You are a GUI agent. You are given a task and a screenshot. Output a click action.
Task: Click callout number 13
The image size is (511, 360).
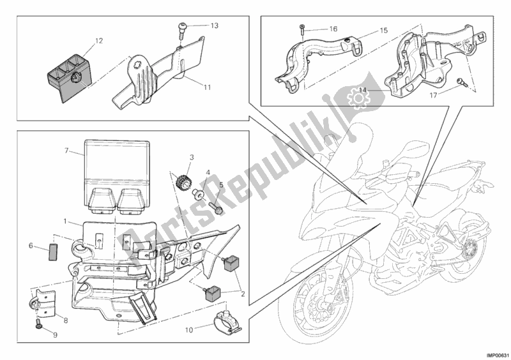[x=214, y=26]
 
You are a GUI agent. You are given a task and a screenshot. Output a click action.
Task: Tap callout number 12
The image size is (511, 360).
[x=99, y=41]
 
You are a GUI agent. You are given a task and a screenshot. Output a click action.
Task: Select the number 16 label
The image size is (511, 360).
[x=333, y=29]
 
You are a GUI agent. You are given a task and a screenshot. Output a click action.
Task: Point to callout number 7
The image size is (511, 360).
[x=67, y=151]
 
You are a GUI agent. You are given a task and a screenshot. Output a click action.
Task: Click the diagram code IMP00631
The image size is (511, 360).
[x=498, y=356]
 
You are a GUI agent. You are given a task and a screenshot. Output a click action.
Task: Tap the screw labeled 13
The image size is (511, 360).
[x=181, y=31]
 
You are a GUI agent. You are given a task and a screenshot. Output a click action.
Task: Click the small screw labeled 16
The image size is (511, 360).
[x=301, y=30]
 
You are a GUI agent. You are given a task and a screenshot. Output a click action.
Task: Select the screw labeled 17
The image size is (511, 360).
[x=462, y=82]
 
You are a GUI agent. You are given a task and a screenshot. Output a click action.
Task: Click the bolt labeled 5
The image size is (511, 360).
[x=215, y=208]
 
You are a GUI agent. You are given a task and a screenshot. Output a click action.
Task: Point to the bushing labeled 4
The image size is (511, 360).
[x=197, y=193]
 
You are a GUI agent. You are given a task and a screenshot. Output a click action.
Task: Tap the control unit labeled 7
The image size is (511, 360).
[x=118, y=177]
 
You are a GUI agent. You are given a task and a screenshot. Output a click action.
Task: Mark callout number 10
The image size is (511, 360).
[x=189, y=330]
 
